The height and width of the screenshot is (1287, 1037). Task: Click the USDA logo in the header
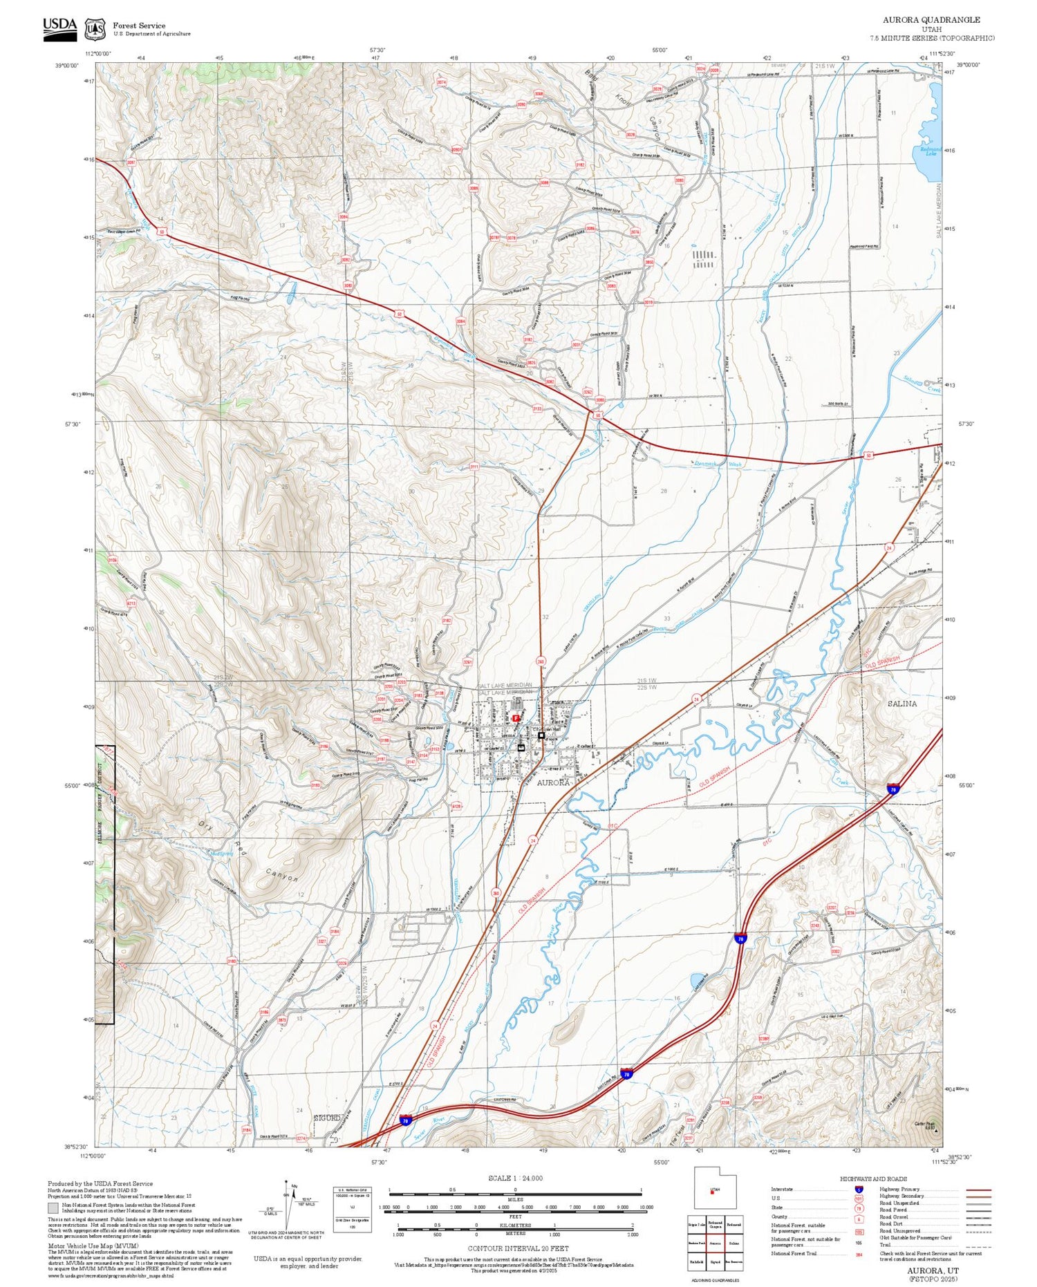coord(60,28)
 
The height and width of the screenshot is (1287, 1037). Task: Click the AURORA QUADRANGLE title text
coord(931,19)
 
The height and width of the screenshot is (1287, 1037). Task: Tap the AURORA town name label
coord(554,782)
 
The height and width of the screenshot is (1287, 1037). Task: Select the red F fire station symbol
coord(516,718)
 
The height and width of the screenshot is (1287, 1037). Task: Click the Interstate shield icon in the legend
coord(859,1189)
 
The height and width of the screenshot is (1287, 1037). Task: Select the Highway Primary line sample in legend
coord(977,1190)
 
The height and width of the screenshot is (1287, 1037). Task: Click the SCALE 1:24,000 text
coord(515,1178)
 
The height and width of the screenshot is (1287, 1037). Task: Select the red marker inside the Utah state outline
coord(711,1192)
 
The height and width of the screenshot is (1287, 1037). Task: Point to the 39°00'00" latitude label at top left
coord(67,65)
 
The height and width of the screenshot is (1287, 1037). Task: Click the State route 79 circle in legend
coord(859,1208)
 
